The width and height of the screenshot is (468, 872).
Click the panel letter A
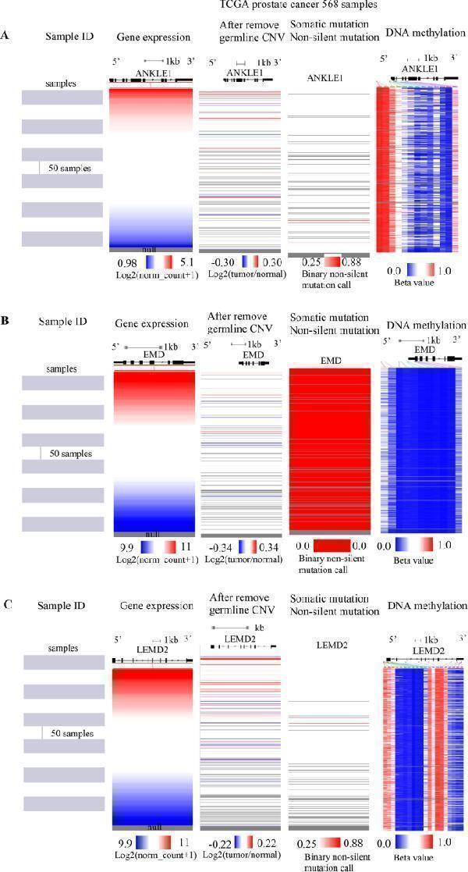(x=6, y=36)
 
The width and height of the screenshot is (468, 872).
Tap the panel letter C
(x=7, y=604)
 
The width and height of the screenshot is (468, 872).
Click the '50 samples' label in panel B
(x=70, y=454)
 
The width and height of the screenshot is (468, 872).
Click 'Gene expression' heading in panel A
(x=153, y=37)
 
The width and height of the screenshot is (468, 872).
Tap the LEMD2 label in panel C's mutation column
(x=328, y=645)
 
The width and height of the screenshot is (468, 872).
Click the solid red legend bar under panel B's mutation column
(x=327, y=546)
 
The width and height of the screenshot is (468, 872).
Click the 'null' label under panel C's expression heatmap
(x=153, y=827)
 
